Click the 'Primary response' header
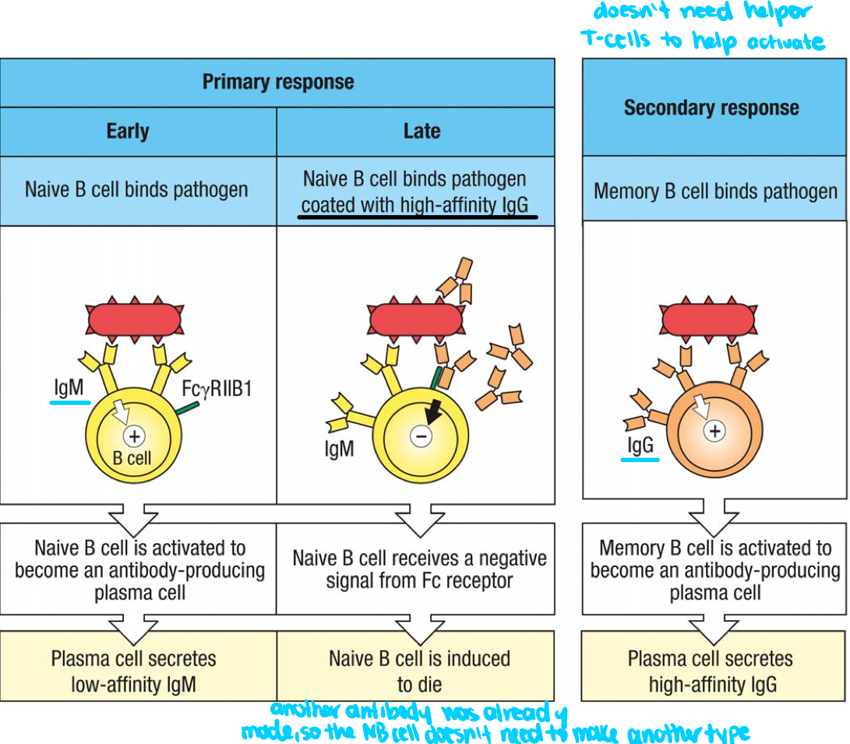(277, 82)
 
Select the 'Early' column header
(128, 131)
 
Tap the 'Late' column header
(421, 131)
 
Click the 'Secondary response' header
(711, 108)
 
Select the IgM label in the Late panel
(338, 449)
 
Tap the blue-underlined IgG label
(640, 445)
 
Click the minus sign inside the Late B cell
(420, 437)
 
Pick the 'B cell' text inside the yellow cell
(132, 458)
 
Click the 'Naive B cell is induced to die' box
(419, 671)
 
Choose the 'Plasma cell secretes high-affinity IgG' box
(711, 671)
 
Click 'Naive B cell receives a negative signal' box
(419, 569)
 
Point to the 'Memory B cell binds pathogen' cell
(715, 191)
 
